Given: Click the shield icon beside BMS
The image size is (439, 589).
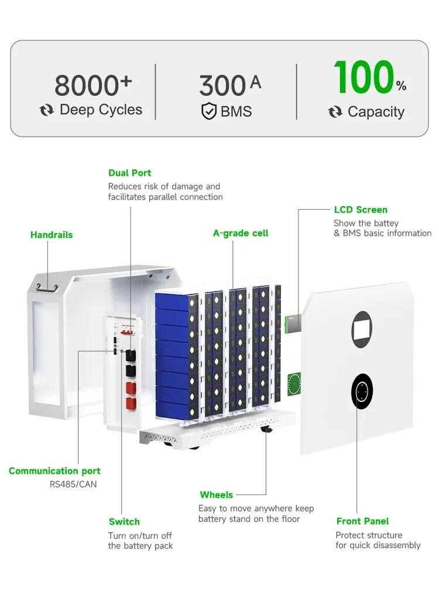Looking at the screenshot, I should tap(209, 111).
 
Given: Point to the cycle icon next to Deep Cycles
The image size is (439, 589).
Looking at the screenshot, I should tap(47, 110).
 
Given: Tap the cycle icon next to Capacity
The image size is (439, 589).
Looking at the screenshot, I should tap(335, 112).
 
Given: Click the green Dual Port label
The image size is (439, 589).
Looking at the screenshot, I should tap(129, 173).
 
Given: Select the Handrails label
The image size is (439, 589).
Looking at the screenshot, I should tap(52, 235).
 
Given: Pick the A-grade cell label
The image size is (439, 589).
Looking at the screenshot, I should tap(241, 233).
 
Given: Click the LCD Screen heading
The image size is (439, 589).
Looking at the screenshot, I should tap(361, 210).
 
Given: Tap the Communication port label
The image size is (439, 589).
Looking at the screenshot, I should tap(54, 471).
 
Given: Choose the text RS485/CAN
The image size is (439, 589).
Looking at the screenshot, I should tap(74, 484).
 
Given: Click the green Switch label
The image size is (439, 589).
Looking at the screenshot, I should tap(124, 522).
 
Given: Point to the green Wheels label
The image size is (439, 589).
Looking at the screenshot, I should tap(216, 495).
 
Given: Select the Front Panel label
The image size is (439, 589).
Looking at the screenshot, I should tap(362, 521).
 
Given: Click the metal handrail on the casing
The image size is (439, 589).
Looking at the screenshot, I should tap(46, 286).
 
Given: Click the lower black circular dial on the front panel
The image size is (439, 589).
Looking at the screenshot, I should tap(362, 391).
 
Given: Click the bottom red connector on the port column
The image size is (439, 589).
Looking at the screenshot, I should tap(131, 403).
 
